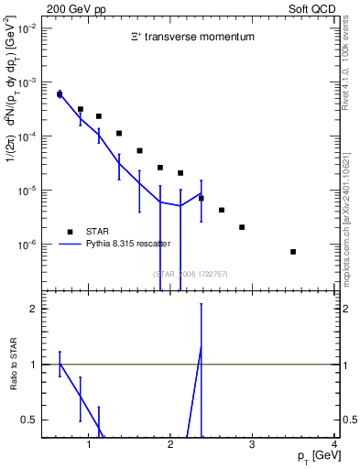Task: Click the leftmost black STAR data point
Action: tap(60, 94)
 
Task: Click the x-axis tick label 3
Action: tap(253, 445)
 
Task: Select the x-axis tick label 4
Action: tap(334, 445)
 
